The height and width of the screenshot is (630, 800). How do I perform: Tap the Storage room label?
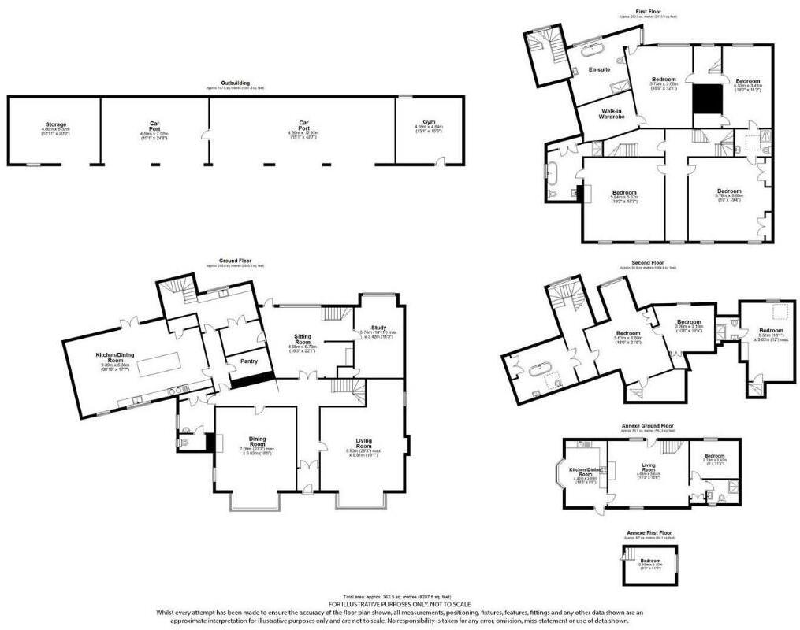click(55, 124)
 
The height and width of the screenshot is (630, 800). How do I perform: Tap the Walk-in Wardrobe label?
click(612, 114)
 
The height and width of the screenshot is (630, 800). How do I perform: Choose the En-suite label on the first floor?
click(599, 69)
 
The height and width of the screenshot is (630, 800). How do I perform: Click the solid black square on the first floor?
click(708, 100)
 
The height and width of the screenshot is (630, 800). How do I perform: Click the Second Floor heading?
click(647, 263)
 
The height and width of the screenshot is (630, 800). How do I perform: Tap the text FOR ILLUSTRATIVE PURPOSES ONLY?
click(400, 604)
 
